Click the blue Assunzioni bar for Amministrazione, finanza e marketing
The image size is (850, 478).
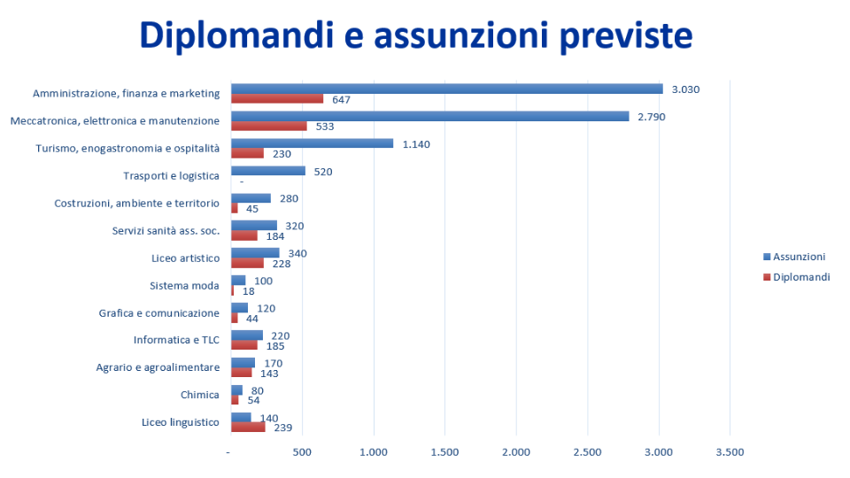click(x=446, y=89)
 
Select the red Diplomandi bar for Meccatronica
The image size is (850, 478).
click(x=269, y=126)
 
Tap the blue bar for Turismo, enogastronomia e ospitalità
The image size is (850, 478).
click(x=312, y=143)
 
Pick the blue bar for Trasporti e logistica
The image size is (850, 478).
click(x=268, y=171)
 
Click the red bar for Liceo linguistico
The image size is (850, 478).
click(x=248, y=427)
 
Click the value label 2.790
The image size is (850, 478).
click(x=651, y=117)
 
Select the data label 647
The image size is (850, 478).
click(x=342, y=99)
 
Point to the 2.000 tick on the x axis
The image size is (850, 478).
click(x=516, y=452)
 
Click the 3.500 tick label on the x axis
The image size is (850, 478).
click(x=730, y=452)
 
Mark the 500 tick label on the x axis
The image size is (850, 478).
click(x=303, y=452)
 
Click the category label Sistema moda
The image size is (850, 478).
click(x=184, y=285)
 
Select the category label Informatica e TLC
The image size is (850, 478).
click(x=176, y=340)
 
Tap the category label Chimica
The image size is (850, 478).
click(x=199, y=395)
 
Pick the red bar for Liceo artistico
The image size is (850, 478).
click(x=248, y=263)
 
